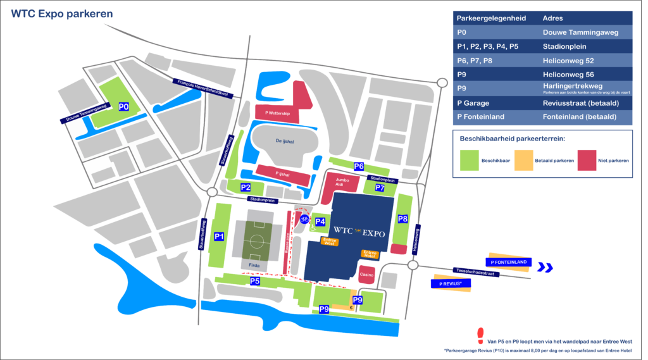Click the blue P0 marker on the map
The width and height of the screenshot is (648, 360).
[x=124, y=107]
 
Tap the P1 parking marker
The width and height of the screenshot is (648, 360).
[x=219, y=237]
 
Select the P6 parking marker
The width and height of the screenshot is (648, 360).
[x=359, y=166]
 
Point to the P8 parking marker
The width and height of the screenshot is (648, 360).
[x=402, y=219]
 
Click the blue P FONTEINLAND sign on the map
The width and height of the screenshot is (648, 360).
[x=508, y=263]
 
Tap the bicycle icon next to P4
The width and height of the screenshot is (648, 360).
[x=304, y=220]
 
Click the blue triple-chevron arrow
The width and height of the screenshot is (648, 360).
[x=545, y=268]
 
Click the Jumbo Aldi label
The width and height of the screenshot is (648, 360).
[x=343, y=183]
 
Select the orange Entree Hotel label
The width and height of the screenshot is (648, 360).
[x=370, y=254]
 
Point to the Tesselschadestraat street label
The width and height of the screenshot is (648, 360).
[x=472, y=271]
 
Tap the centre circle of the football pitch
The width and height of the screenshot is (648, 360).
[x=257, y=241]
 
